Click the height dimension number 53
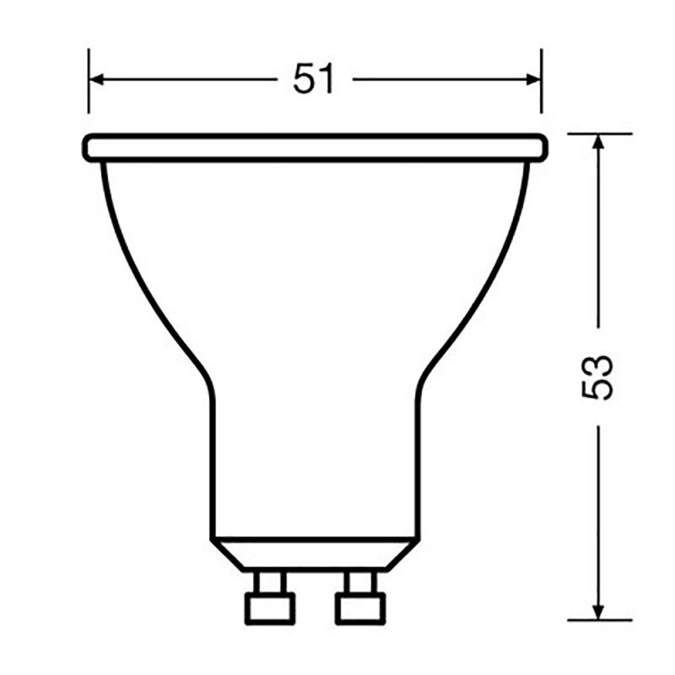pos(597,376)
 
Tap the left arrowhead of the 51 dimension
pos(95,80)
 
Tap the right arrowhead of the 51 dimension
pos(535,80)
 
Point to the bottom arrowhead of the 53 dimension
pos(598,613)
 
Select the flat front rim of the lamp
pos(315,147)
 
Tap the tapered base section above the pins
pos(312,553)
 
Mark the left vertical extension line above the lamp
pos(88,81)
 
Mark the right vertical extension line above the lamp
pos(541,81)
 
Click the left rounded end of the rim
pos(88,147)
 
